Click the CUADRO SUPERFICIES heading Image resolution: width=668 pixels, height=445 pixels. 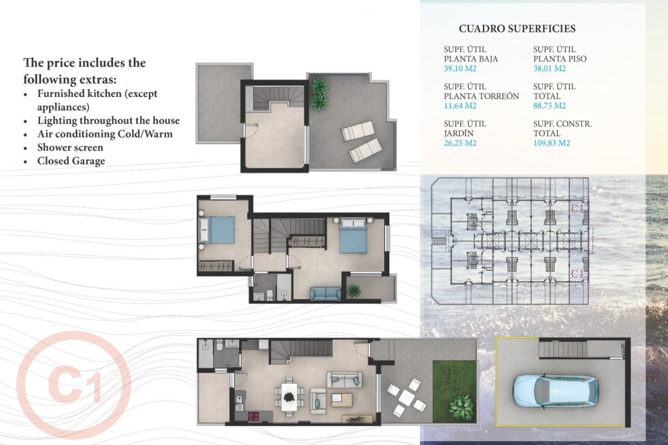tap(517, 29)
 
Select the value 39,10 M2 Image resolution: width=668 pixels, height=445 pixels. tap(460, 68)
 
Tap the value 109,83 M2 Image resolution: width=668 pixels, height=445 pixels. tap(551, 143)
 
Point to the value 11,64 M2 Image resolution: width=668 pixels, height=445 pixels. tap(460, 106)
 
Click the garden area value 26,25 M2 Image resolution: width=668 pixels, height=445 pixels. tap(460, 143)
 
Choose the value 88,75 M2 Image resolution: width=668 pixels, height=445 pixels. tap(549, 106)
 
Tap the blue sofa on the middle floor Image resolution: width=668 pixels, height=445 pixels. tap(326, 294)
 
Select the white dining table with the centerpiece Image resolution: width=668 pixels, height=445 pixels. tap(289, 397)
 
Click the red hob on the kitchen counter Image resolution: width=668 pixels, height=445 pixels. tap(253, 416)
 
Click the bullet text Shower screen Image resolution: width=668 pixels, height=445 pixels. tap(70, 147)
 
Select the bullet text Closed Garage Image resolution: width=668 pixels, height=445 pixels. tap(71, 161)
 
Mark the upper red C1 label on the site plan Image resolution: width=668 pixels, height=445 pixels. tap(578, 209)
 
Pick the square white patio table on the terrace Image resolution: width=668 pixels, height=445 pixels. tap(406, 397)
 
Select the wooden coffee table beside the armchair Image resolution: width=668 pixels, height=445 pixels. tap(342, 400)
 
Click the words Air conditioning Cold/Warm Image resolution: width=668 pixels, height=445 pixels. tap(105, 134)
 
